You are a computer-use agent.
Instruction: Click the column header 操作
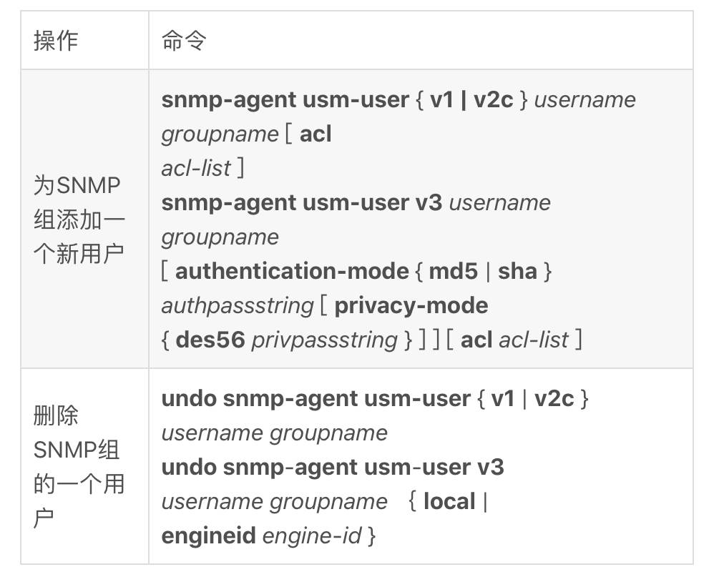coord(56,41)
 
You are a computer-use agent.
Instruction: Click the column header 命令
coord(184,41)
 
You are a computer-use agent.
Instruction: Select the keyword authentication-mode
coord(292,271)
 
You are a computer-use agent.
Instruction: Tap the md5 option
coord(454,271)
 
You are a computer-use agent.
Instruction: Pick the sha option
coord(518,271)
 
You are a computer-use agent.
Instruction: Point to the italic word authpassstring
coord(238,306)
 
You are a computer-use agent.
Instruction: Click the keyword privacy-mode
coord(411,306)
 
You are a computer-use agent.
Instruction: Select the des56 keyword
coord(210,340)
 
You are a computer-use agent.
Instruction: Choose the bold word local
coord(449,501)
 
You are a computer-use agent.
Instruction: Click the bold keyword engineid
coord(209,536)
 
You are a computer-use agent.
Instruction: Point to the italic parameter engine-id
coord(313,536)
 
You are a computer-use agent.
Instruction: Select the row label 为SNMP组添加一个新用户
coord(79,220)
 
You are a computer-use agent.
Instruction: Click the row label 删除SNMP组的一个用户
coord(79,466)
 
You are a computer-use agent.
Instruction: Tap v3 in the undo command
coord(491,468)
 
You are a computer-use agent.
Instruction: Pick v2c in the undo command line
coord(554,399)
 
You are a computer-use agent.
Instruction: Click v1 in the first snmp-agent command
coord(441,99)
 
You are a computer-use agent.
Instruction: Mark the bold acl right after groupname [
coord(316,134)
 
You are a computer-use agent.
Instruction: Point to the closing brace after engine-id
coord(372,536)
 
